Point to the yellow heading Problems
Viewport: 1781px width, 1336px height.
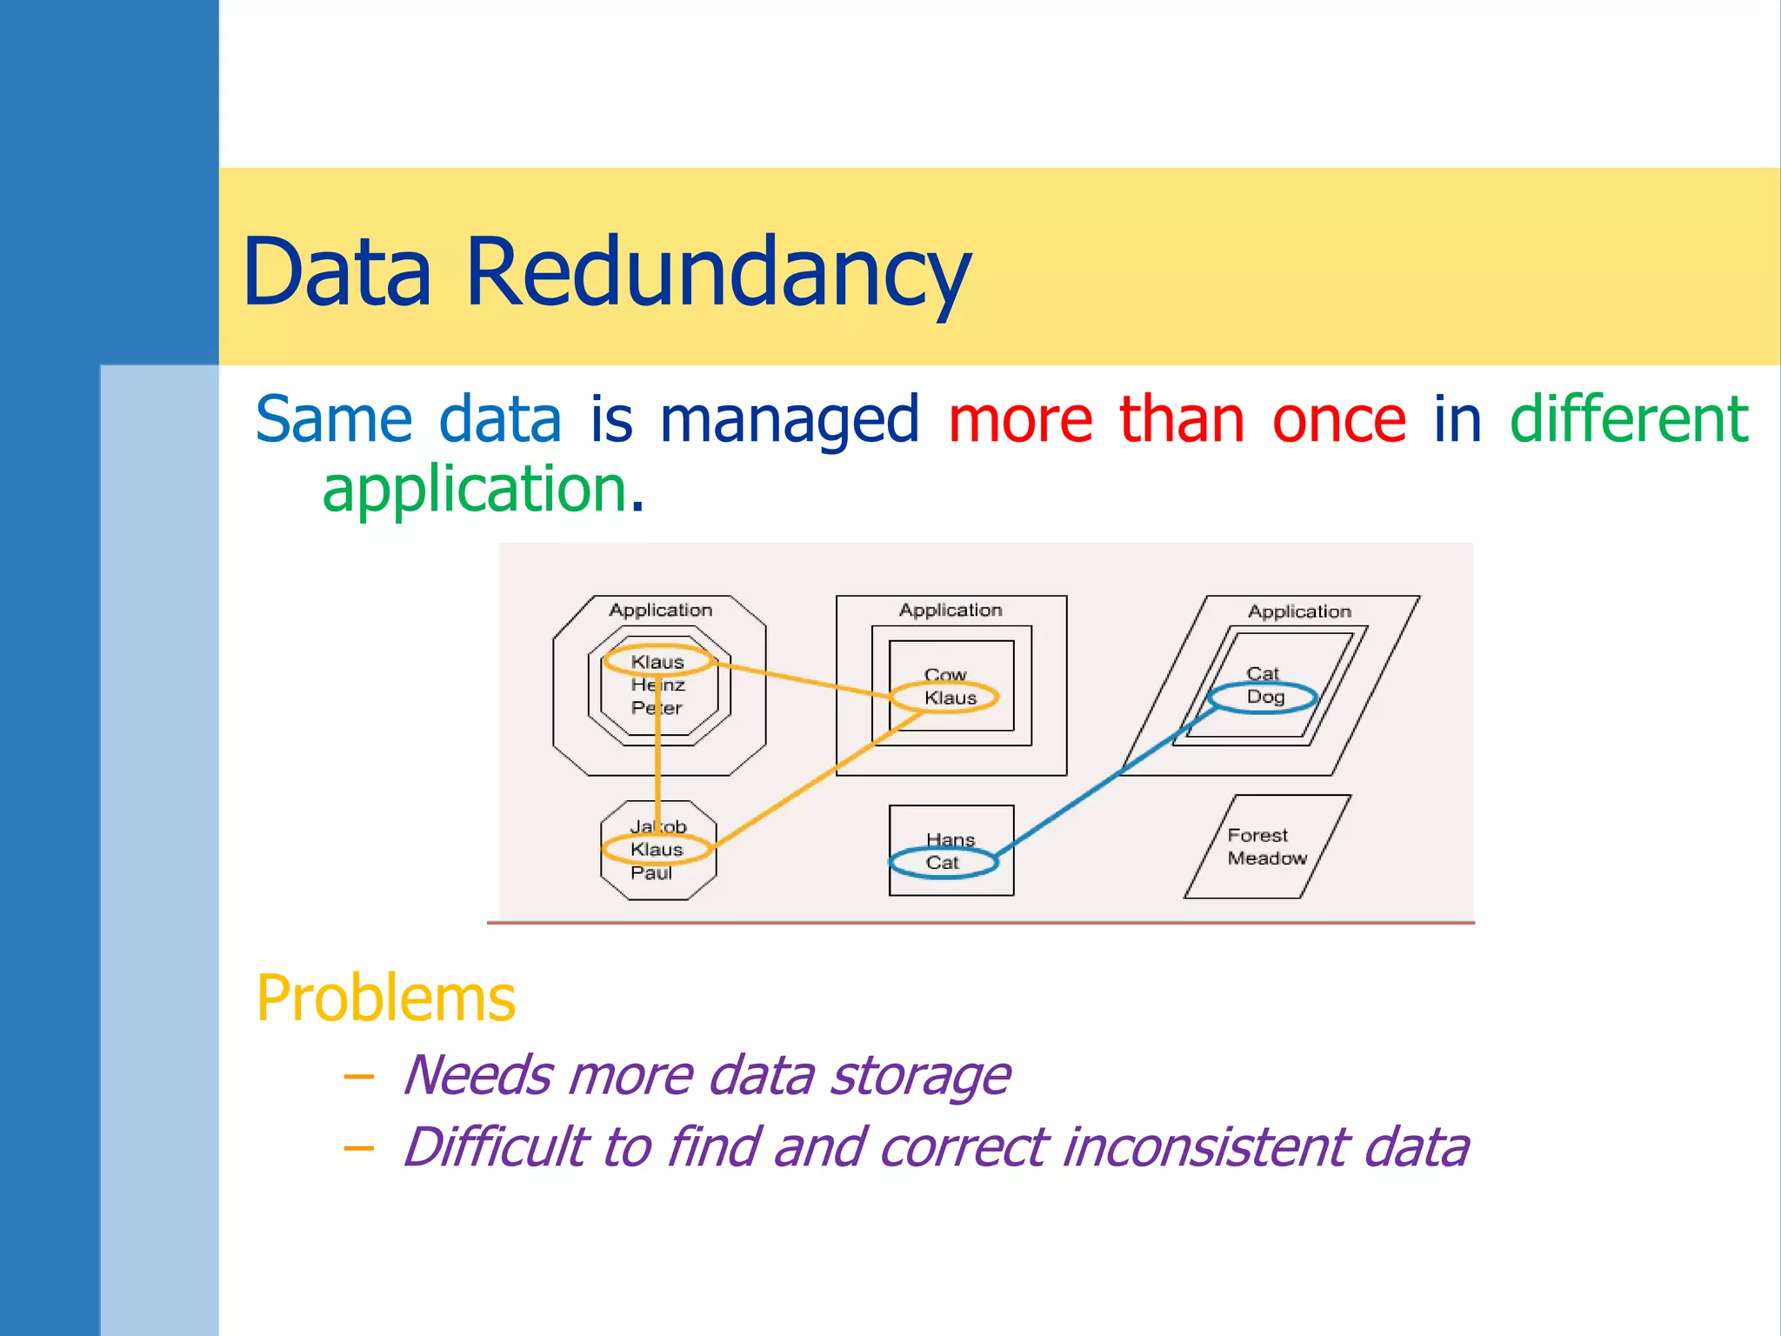[x=386, y=999]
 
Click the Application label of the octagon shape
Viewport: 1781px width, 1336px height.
[x=661, y=611]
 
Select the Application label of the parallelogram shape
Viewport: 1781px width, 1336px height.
[x=1300, y=611]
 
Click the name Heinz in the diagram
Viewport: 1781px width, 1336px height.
[x=658, y=685]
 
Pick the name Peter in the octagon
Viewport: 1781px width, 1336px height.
[x=657, y=708]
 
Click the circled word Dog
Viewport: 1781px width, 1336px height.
[x=1265, y=697]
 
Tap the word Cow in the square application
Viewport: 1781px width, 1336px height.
[x=945, y=675]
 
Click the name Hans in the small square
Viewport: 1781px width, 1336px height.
[x=951, y=840]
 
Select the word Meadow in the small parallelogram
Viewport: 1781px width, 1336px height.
[x=1267, y=858]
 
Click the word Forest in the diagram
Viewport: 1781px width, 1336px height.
[x=1257, y=836]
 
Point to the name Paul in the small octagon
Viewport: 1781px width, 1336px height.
[x=651, y=873]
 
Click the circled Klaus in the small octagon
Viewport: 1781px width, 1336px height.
[x=657, y=850]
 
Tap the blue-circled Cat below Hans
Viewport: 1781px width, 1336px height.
[x=942, y=863]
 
